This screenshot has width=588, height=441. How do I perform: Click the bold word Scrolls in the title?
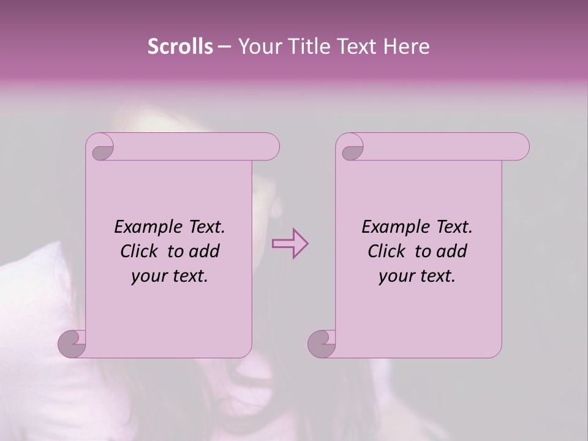(x=180, y=47)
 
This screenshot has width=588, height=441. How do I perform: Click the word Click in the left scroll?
(x=140, y=251)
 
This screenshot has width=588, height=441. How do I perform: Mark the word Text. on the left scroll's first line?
(x=206, y=227)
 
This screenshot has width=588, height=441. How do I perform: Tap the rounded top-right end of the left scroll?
(x=269, y=147)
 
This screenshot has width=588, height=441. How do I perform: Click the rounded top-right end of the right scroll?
(x=519, y=147)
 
